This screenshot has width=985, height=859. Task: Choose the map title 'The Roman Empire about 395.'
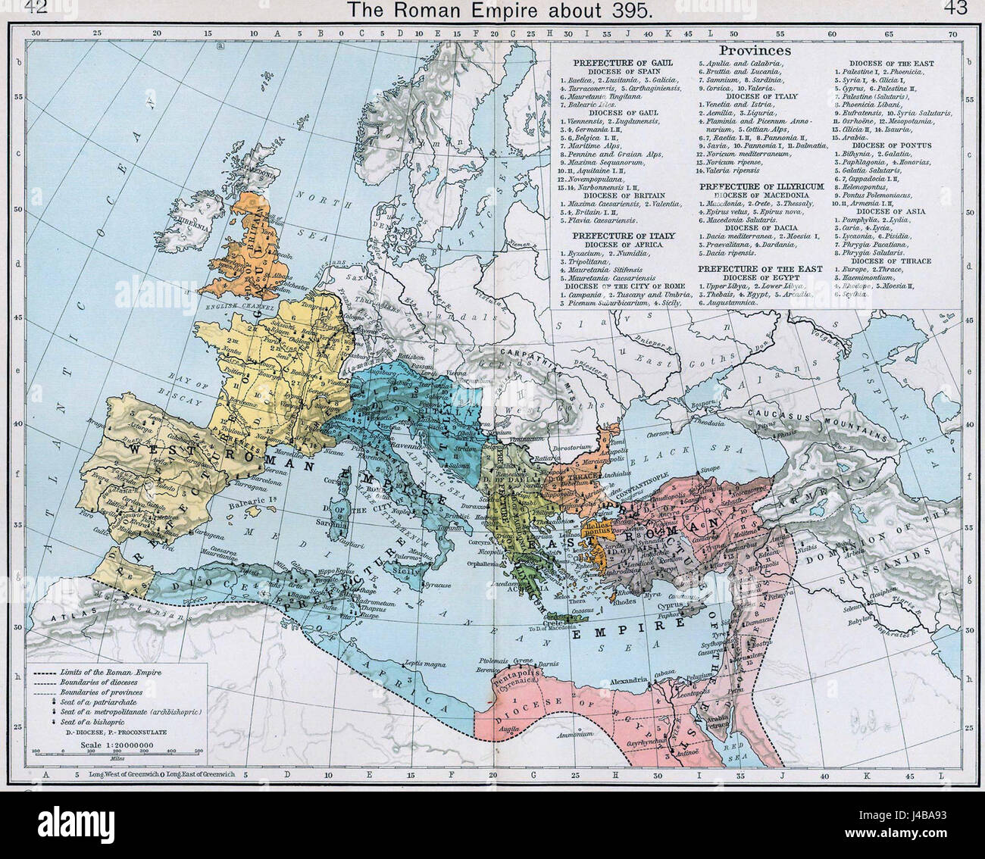pos(492,10)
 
